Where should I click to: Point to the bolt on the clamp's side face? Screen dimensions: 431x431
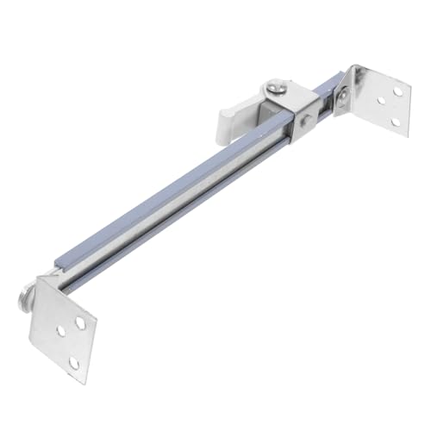pos(303,123)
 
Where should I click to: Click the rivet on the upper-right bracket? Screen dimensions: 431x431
pos(342,98)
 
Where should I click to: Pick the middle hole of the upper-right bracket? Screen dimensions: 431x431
pos(381,101)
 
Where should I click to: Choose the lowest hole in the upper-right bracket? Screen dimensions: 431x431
pos(395,122)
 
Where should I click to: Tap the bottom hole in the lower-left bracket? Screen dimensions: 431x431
pos(74,362)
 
